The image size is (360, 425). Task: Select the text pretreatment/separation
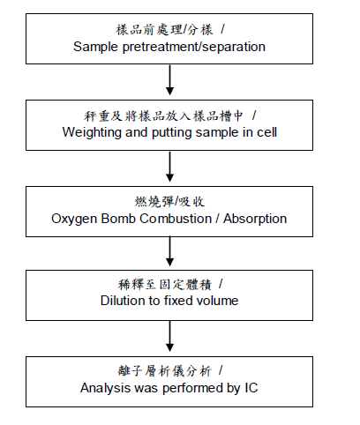pyautogui.click(x=194, y=47)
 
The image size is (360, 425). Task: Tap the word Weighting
pyautogui.click(x=92, y=132)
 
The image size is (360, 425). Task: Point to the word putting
pyautogui.click(x=171, y=132)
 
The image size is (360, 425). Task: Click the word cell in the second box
pyautogui.click(x=266, y=132)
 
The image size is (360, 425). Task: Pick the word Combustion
pyautogui.click(x=176, y=219)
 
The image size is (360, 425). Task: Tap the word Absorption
pyautogui.click(x=255, y=219)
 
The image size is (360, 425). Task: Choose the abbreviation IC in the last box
pyautogui.click(x=251, y=388)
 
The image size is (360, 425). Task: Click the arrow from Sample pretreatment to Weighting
pyautogui.click(x=169, y=80)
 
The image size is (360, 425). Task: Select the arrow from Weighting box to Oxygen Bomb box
pyautogui.click(x=169, y=167)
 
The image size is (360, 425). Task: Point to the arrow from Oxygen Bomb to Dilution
pyautogui.click(x=169, y=251)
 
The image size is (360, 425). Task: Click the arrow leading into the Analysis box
pyautogui.click(x=169, y=336)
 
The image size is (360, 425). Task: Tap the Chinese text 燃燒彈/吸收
pyautogui.click(x=169, y=202)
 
